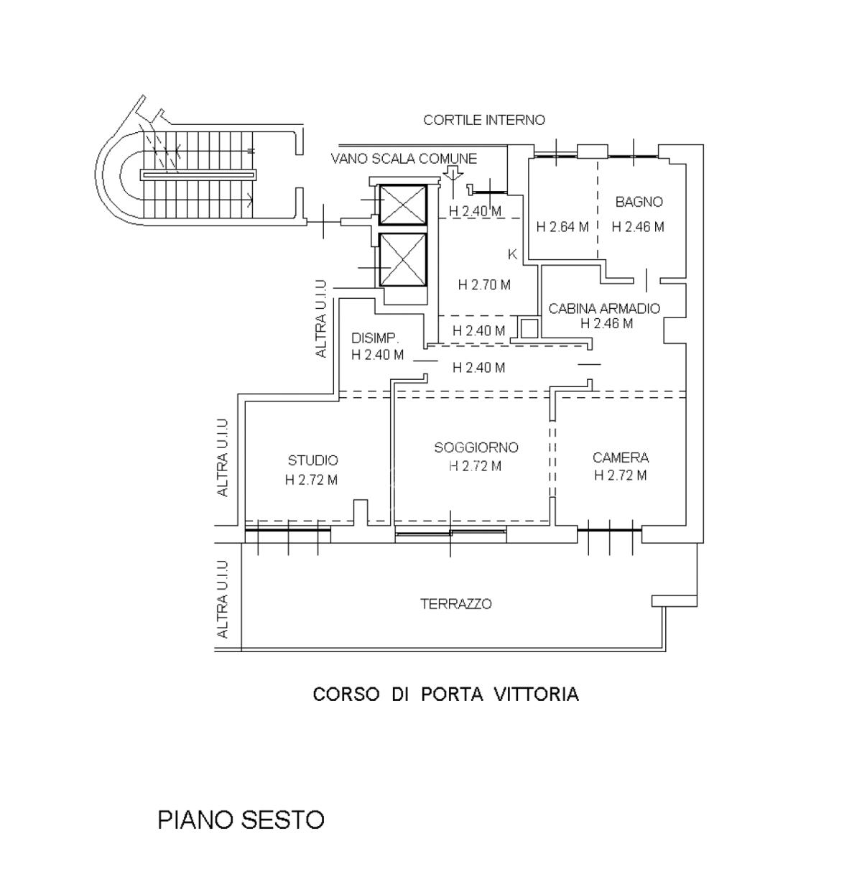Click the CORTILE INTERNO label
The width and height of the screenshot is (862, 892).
pyautogui.click(x=483, y=120)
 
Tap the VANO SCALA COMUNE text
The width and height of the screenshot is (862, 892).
pyautogui.click(x=404, y=159)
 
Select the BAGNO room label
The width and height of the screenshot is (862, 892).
pyautogui.click(x=639, y=202)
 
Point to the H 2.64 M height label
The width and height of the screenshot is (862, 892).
pyautogui.click(x=562, y=227)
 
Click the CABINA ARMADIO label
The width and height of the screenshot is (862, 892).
pyautogui.click(x=604, y=308)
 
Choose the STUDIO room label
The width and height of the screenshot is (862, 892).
pyautogui.click(x=312, y=460)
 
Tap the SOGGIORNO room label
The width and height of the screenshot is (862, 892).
pyautogui.click(x=476, y=447)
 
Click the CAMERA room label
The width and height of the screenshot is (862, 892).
pyautogui.click(x=621, y=457)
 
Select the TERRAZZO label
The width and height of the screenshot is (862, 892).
pyautogui.click(x=455, y=604)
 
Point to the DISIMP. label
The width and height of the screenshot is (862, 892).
pyautogui.click(x=375, y=338)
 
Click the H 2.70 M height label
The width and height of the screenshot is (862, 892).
pyautogui.click(x=483, y=284)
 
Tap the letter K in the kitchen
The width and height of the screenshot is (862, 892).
pyautogui.click(x=512, y=254)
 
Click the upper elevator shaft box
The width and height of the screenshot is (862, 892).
pyautogui.click(x=403, y=205)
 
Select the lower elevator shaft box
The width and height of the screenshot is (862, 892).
pyautogui.click(x=403, y=261)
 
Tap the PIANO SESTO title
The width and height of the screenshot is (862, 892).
pyautogui.click(x=241, y=819)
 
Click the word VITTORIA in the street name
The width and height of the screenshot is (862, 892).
pyautogui.click(x=536, y=694)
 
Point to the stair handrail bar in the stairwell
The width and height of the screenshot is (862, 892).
pyautogui.click(x=198, y=175)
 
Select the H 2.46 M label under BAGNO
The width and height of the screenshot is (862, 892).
pyautogui.click(x=638, y=226)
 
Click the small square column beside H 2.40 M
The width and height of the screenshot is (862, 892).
pyautogui.click(x=528, y=327)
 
